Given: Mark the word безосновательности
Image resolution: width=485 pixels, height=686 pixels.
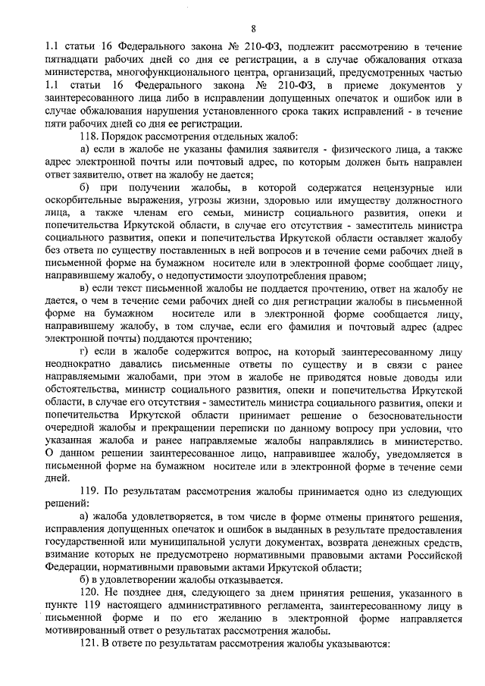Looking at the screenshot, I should pos(402,415).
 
